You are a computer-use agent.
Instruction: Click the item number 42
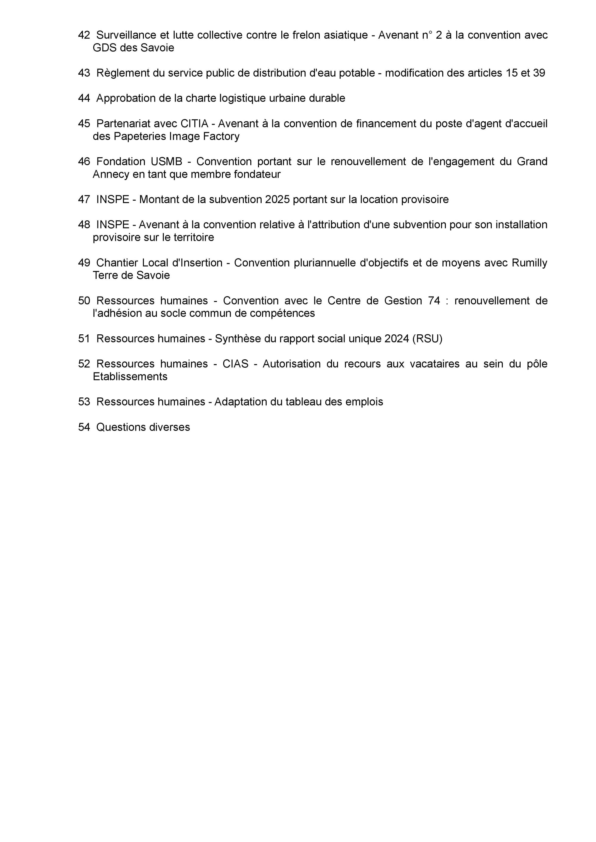coord(84,35)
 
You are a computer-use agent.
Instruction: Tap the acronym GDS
coord(104,48)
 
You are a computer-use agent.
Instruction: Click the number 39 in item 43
coord(539,73)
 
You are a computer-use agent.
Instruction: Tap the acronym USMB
coord(161,162)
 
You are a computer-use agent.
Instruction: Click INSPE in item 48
coord(113,225)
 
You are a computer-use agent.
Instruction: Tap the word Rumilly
coord(529,263)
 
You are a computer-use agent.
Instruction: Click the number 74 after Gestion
coord(434,301)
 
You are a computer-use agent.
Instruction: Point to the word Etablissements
coord(130,377)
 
